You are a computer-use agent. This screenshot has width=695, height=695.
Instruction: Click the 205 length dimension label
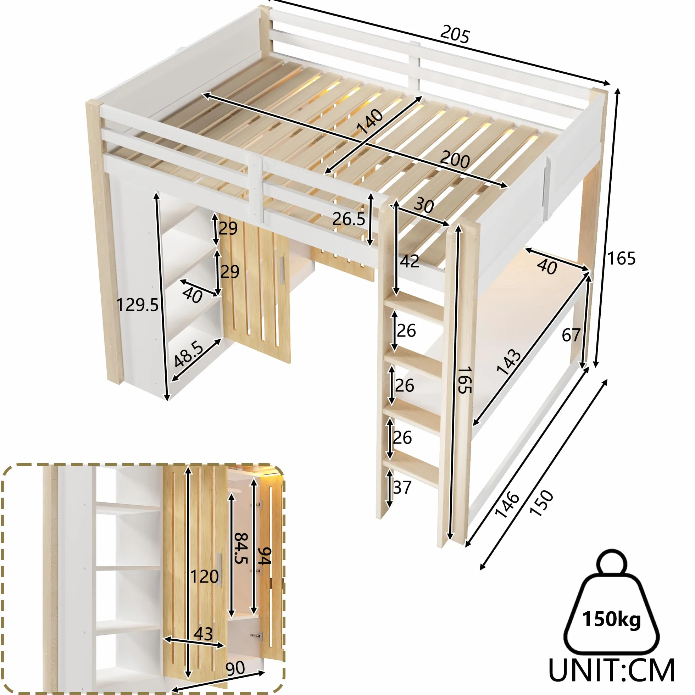[x=455, y=34]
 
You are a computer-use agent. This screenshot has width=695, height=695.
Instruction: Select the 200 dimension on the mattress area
[x=455, y=160]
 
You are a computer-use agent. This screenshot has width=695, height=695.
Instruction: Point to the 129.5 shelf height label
[x=138, y=305]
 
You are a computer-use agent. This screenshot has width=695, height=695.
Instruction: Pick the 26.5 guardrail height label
[x=349, y=219]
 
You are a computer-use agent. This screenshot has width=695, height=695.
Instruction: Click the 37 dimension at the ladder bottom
[x=402, y=488]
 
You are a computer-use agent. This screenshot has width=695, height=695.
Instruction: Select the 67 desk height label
[x=571, y=335]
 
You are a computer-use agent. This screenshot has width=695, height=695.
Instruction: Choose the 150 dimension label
[x=541, y=503]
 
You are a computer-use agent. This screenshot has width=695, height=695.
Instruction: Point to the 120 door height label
[x=204, y=577]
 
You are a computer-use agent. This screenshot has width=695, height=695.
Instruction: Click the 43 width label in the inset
[x=203, y=634]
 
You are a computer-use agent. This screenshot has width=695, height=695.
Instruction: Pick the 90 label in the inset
[x=235, y=668]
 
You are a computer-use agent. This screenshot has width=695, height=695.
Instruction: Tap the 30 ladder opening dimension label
[x=424, y=205]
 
